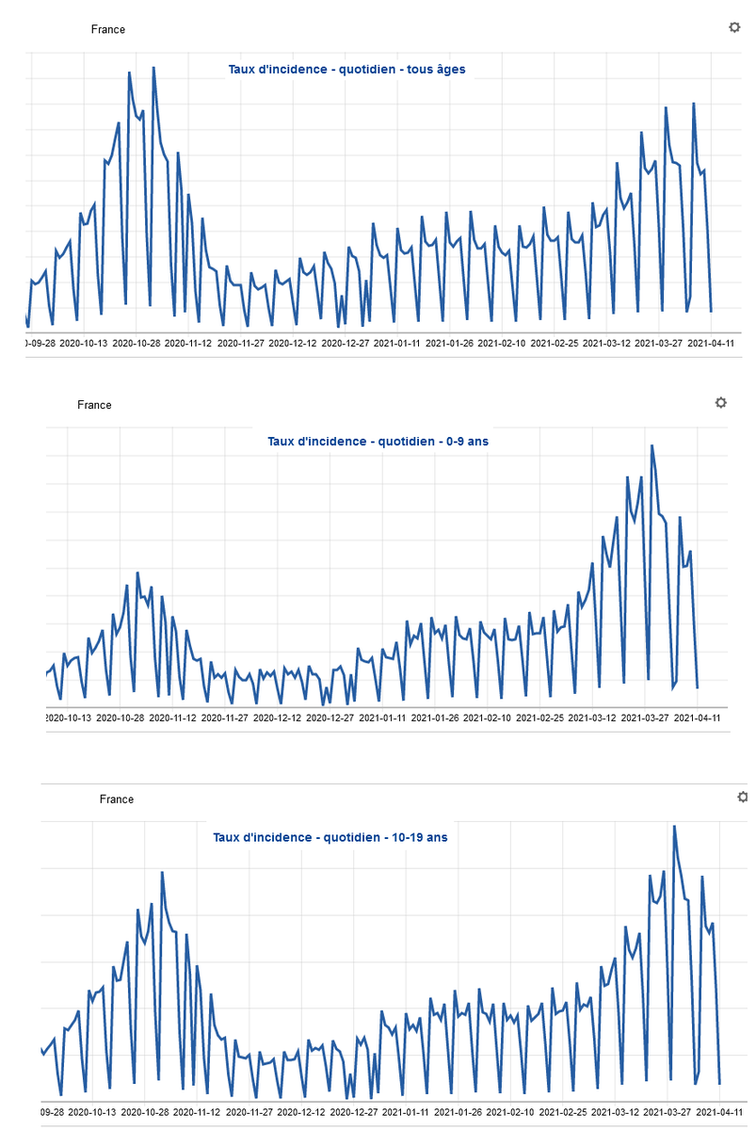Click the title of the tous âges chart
click(346, 69)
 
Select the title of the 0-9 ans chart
click(378, 442)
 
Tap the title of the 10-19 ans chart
click(330, 837)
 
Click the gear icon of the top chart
click(734, 27)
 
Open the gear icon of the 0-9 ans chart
click(721, 403)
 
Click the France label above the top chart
click(108, 29)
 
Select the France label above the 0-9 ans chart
click(94, 405)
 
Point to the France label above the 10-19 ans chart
click(117, 799)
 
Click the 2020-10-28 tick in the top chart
click(137, 343)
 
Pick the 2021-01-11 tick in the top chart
click(397, 343)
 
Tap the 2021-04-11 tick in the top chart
click(711, 343)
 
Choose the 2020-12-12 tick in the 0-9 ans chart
click(277, 718)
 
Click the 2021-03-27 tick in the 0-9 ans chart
click(645, 718)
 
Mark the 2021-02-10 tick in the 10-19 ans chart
click(510, 1112)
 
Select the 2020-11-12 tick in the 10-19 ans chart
click(197, 1112)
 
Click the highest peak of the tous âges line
click(153, 67)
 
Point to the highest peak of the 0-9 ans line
click(651, 445)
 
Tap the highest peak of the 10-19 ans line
click(674, 827)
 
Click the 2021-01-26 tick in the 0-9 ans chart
click(435, 718)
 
